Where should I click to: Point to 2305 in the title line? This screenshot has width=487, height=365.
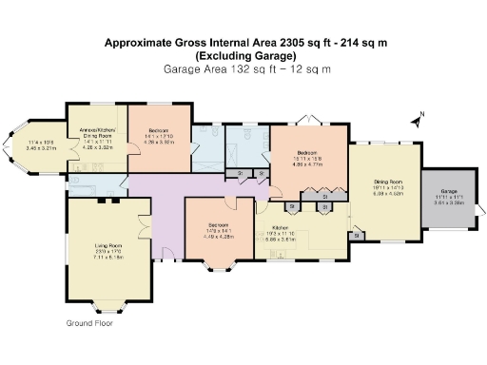(286, 44)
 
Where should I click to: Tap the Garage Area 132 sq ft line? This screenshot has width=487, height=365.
(247, 69)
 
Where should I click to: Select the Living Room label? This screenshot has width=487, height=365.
(109, 245)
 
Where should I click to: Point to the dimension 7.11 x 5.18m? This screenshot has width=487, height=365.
(109, 256)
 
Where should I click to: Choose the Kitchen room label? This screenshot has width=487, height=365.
(281, 228)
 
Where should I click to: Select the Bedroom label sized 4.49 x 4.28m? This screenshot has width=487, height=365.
(219, 225)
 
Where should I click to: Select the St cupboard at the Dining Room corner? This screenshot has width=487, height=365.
(357, 234)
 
